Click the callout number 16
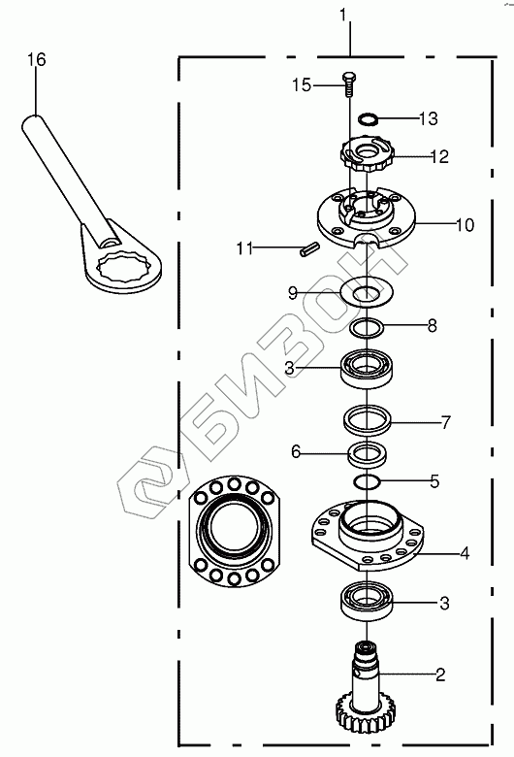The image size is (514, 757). click(x=36, y=60)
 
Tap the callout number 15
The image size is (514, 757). click(x=302, y=85)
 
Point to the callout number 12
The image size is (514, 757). click(x=439, y=156)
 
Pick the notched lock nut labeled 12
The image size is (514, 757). click(x=368, y=153)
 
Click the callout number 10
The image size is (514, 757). click(x=465, y=225)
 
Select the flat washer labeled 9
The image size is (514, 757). click(x=367, y=292)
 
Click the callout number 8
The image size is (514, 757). click(x=432, y=325)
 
